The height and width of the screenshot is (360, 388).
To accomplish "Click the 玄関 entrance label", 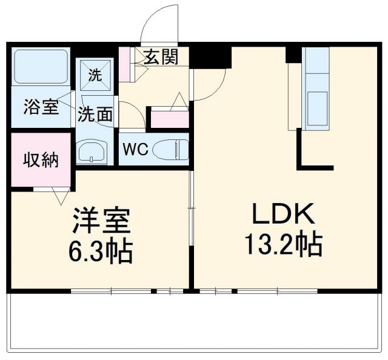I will pos(161,57).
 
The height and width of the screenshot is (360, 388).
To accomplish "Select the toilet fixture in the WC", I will pos(169,149).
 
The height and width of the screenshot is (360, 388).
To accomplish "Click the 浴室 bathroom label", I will pos(41,107).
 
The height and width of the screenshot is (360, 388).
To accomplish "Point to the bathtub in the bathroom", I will pos(41,66).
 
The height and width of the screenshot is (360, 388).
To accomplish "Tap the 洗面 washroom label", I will pos(95,113).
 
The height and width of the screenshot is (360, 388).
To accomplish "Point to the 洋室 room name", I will pos(101,221).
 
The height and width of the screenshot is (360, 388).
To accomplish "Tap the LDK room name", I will pos(283,215).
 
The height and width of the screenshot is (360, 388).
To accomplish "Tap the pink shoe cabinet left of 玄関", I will pos(126,63).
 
